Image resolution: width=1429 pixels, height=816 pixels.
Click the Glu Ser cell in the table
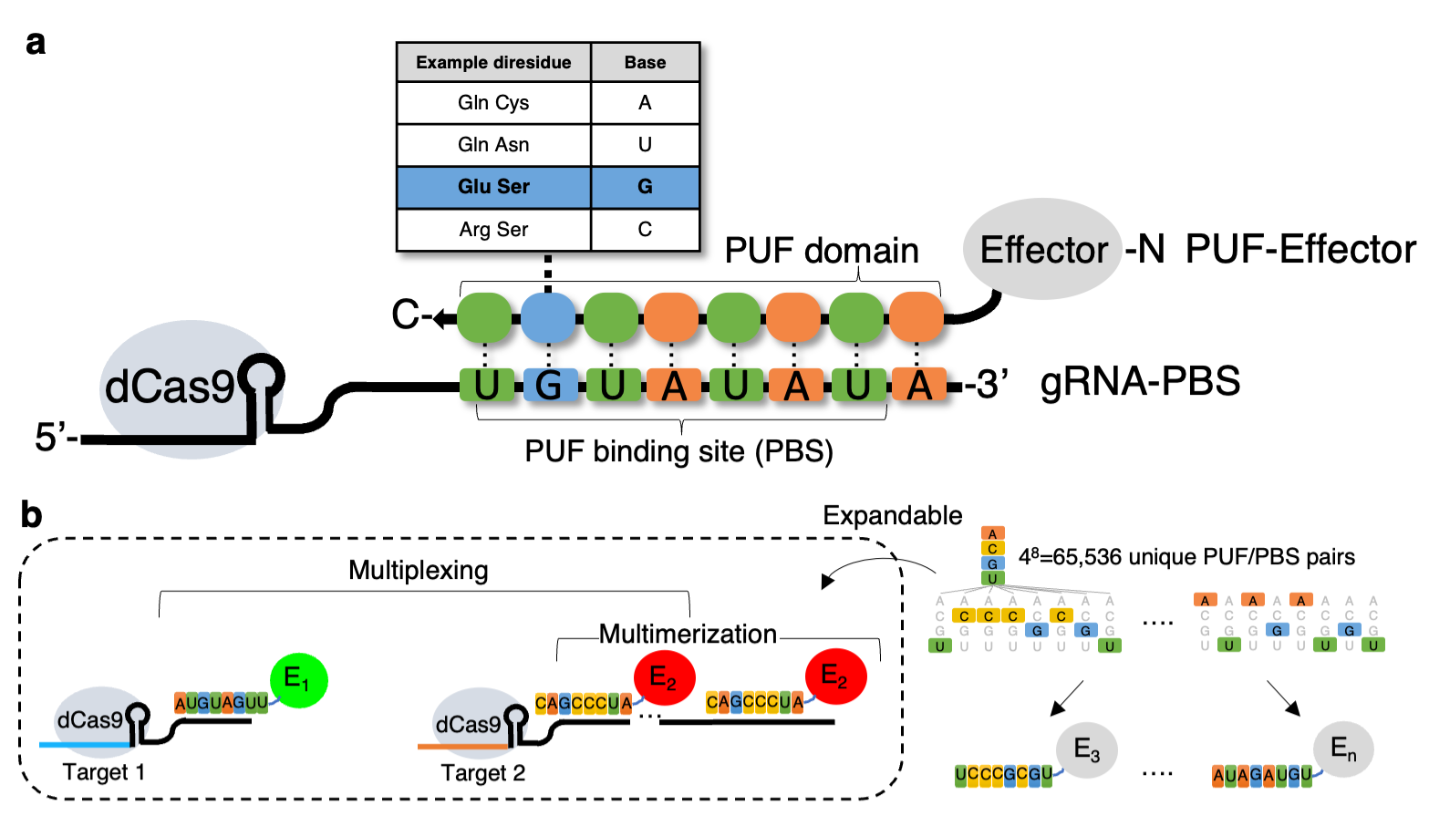(x=493, y=187)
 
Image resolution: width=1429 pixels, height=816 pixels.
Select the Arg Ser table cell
(x=493, y=230)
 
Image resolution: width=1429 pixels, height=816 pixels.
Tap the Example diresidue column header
(x=493, y=63)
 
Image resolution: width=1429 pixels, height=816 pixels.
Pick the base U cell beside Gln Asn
(x=645, y=145)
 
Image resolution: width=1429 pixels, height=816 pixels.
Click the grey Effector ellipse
(x=1042, y=249)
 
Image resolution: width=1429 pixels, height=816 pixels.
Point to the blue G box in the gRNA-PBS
(x=548, y=386)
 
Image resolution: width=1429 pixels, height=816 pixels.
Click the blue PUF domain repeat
(x=548, y=317)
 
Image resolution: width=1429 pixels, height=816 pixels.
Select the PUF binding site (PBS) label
(x=678, y=451)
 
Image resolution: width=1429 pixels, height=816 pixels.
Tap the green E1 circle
(x=298, y=680)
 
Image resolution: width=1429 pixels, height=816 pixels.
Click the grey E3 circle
(x=1087, y=750)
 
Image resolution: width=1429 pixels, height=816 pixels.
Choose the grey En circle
(x=1343, y=750)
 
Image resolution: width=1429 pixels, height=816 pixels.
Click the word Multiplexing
(x=419, y=571)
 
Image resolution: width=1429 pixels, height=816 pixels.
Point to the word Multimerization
(x=688, y=634)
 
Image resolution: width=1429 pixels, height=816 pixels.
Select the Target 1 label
(x=103, y=772)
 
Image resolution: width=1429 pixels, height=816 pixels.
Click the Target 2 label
(x=483, y=773)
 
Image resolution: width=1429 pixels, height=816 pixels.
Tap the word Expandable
(x=892, y=516)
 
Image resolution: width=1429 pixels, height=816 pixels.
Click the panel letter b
(x=31, y=515)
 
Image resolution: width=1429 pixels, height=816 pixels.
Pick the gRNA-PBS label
(x=1140, y=382)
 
